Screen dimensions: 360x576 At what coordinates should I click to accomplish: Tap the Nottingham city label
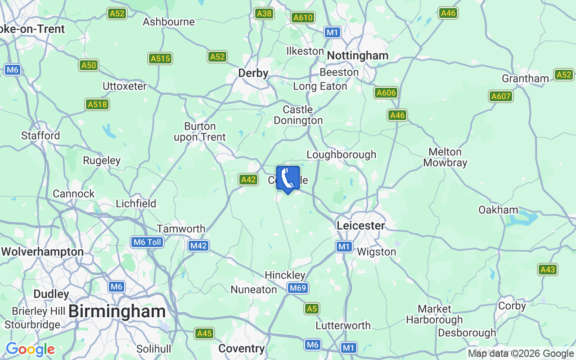click(x=358, y=56)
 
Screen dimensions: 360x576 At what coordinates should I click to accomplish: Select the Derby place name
click(x=253, y=73)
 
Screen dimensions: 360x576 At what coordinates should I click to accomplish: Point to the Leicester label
click(x=361, y=225)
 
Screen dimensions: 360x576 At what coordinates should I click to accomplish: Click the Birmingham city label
click(x=117, y=311)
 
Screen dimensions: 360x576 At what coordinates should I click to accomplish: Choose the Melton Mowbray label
click(x=445, y=157)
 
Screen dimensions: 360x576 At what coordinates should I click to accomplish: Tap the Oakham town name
click(x=498, y=210)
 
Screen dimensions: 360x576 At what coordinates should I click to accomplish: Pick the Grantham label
click(x=525, y=78)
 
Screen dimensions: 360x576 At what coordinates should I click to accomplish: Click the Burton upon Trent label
click(x=200, y=131)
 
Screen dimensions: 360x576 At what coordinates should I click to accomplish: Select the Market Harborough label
click(x=434, y=314)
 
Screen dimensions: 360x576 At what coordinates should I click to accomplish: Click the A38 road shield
click(x=264, y=13)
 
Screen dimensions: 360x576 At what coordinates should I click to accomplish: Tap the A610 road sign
click(x=303, y=18)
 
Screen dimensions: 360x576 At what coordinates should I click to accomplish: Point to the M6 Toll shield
click(x=147, y=242)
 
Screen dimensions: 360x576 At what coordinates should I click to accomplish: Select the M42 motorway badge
click(x=198, y=246)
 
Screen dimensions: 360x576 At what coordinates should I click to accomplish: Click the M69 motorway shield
click(x=297, y=288)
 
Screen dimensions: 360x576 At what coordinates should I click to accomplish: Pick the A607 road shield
click(x=500, y=96)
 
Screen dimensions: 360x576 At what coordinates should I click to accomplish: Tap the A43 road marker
click(x=548, y=270)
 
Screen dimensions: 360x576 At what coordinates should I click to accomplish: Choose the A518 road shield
click(x=97, y=104)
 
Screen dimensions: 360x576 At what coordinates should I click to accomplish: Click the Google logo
click(x=30, y=349)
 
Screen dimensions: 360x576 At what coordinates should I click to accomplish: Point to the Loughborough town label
click(x=341, y=154)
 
